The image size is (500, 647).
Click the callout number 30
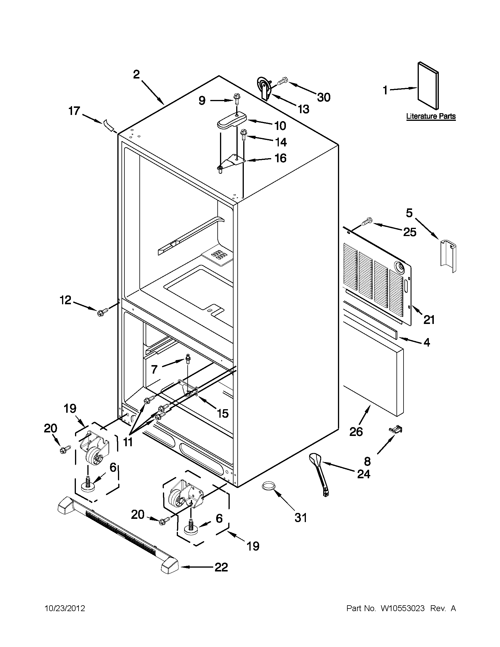323,97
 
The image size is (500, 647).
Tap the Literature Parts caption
431,116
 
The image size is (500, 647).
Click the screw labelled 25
367,221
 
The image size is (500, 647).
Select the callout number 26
356,432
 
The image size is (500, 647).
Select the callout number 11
128,442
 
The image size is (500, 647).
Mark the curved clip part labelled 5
448,256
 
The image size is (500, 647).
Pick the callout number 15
222,413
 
